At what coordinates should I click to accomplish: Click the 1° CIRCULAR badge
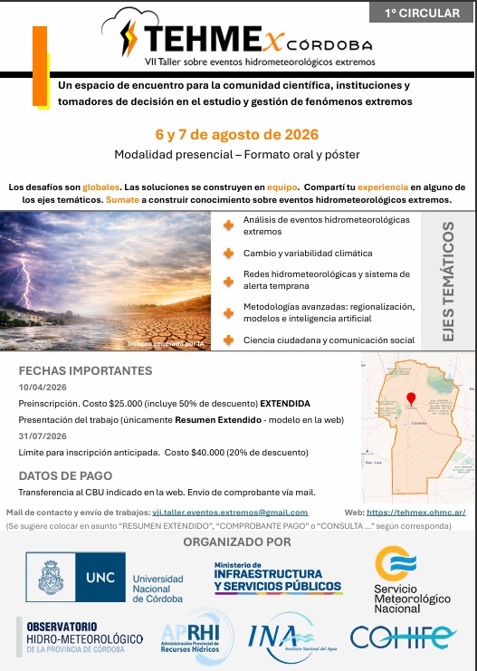click(x=422, y=13)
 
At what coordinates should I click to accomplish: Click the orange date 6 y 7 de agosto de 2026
click(x=237, y=135)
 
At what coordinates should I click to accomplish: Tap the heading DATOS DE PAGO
click(x=65, y=475)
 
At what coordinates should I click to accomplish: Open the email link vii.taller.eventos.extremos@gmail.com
click(x=230, y=512)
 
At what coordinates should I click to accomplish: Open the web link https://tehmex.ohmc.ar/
click(x=416, y=512)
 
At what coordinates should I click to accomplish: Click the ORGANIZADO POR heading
click(x=237, y=542)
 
